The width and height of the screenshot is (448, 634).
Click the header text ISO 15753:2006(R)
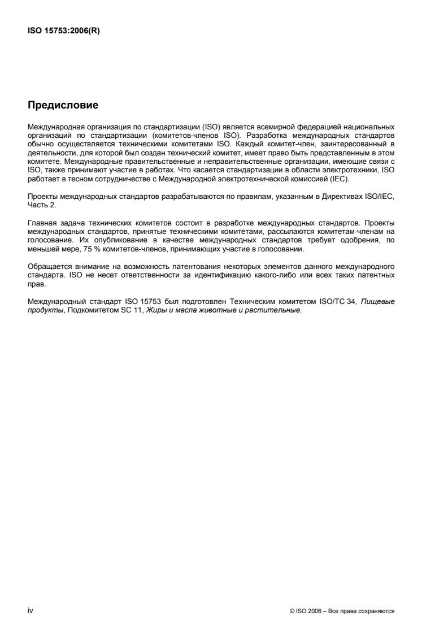[x=60, y=31]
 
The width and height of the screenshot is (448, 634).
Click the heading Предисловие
[x=63, y=105]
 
